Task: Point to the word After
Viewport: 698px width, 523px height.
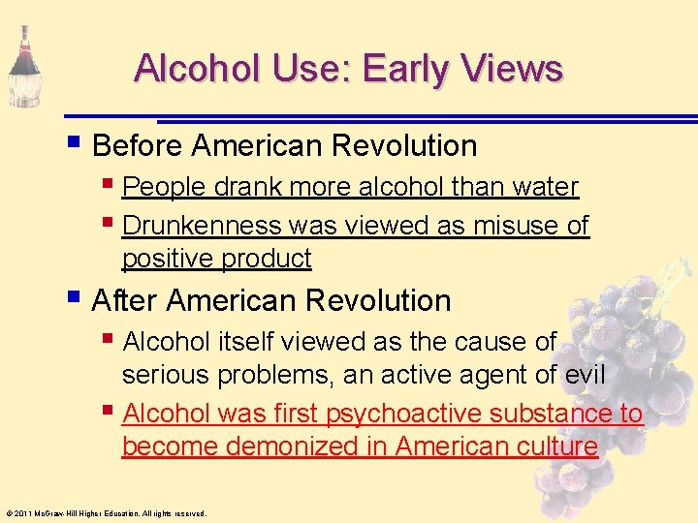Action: click(125, 300)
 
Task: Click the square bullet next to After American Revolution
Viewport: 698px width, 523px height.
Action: click(76, 298)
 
